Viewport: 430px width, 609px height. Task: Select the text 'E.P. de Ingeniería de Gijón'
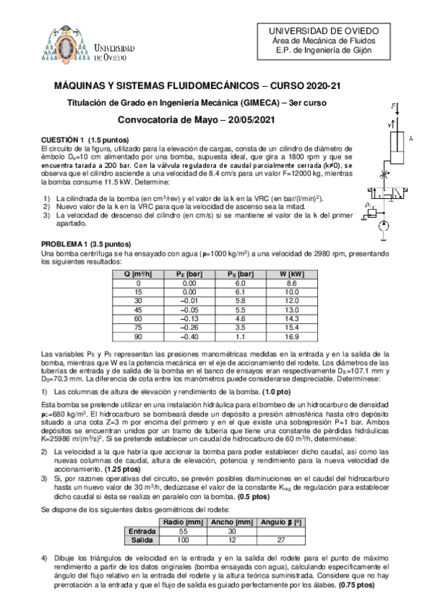pyautogui.click(x=338, y=52)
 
